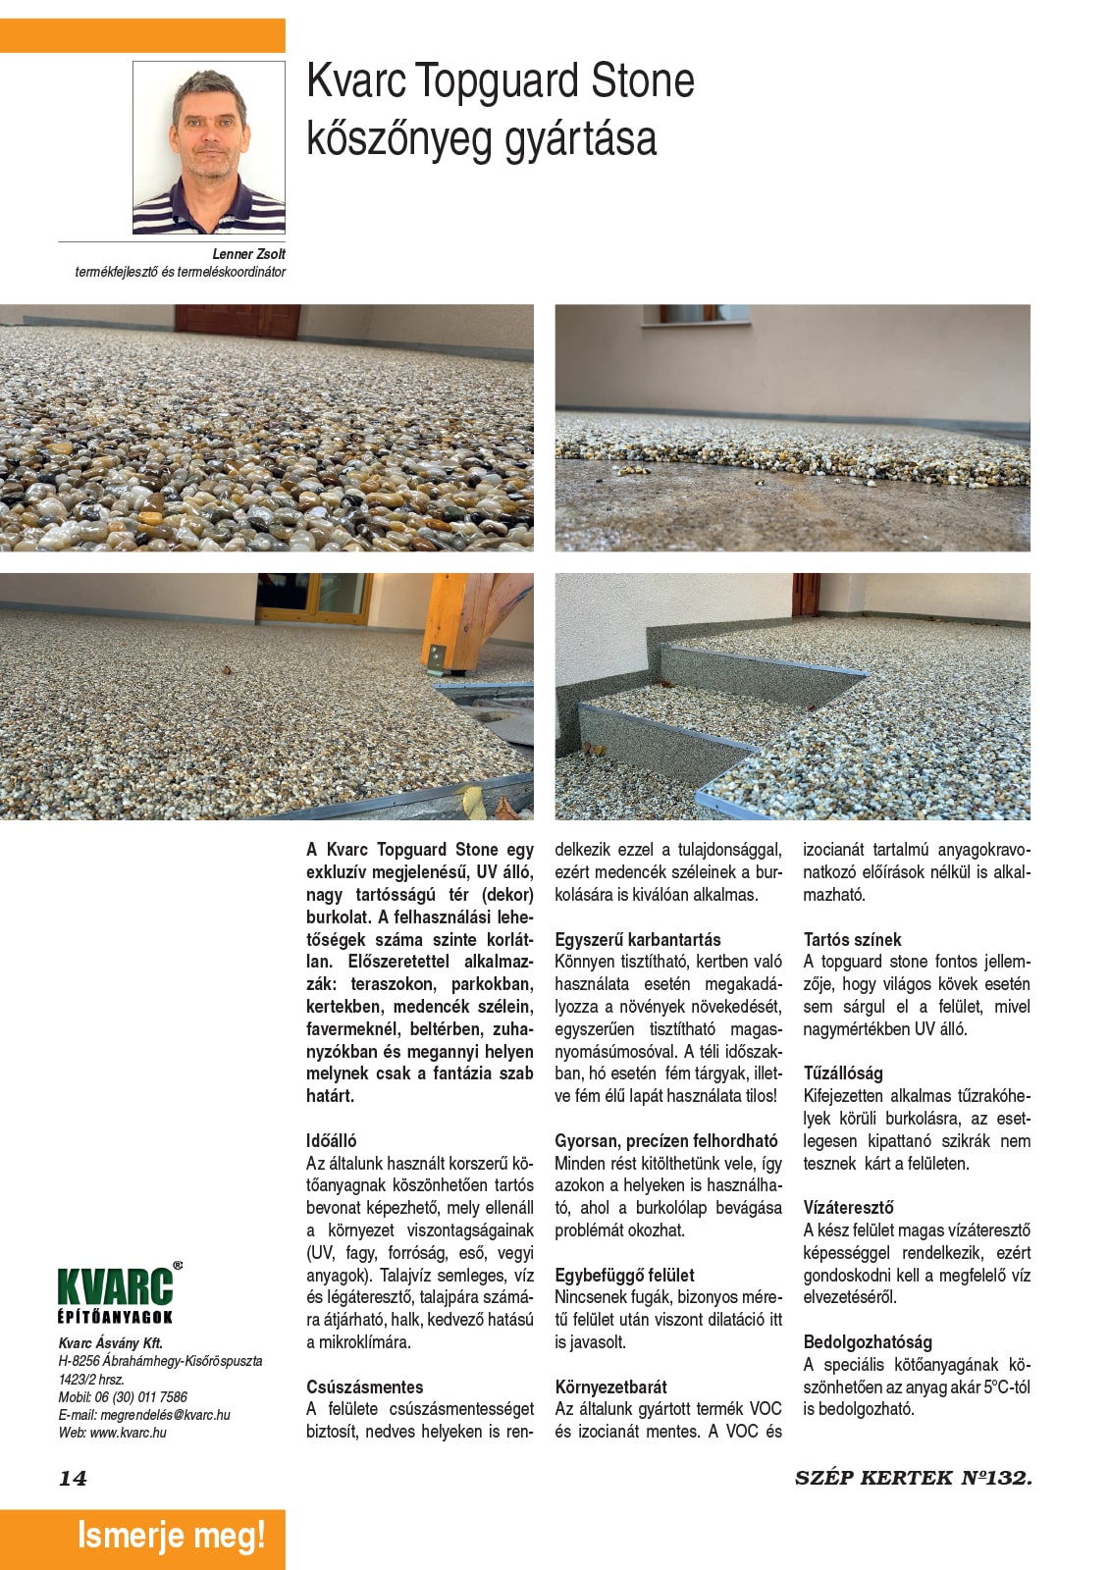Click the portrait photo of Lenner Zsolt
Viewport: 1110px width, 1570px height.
click(208, 147)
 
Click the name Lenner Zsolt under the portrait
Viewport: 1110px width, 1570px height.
click(248, 254)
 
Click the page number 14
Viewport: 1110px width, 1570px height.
click(73, 1479)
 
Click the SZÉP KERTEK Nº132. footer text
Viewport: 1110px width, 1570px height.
click(913, 1478)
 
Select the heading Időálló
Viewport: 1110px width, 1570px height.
click(332, 1140)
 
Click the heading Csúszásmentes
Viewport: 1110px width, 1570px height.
click(364, 1387)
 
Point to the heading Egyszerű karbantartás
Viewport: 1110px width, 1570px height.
click(637, 939)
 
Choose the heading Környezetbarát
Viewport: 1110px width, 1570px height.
click(610, 1387)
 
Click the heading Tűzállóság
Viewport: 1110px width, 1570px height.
click(842, 1073)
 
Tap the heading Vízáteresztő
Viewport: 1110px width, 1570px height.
click(848, 1207)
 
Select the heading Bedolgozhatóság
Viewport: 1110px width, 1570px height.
click(868, 1341)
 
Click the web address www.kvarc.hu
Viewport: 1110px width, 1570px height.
click(128, 1433)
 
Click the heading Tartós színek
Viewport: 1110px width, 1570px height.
click(852, 939)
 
